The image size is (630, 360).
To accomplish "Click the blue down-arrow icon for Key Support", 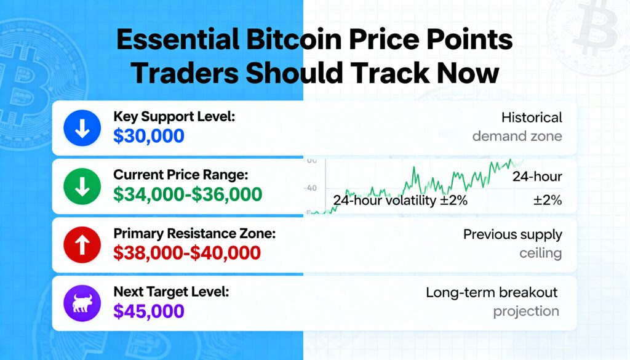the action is click(82, 128).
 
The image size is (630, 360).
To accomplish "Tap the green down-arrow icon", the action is click(82, 187).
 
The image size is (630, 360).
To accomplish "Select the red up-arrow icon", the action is click(82, 245).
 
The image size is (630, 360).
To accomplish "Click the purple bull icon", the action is click(82, 303).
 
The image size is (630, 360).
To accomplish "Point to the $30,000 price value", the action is click(149, 136).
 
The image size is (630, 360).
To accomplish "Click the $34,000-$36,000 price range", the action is click(188, 194).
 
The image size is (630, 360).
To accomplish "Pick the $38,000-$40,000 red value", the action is click(187, 253).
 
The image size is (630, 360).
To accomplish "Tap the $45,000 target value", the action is click(149, 311).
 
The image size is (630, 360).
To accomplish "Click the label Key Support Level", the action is click(174, 116).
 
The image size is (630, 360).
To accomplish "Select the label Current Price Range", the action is click(181, 175).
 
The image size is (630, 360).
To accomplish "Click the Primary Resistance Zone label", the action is click(194, 233).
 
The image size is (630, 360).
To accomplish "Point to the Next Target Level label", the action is click(171, 292).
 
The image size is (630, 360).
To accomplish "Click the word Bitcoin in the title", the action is click(294, 39).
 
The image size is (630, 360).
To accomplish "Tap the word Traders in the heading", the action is click(185, 73).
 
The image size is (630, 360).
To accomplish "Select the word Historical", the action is click(532, 118).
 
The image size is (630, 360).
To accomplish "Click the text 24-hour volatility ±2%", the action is click(400, 200).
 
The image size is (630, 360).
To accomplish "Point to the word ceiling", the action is click(540, 253).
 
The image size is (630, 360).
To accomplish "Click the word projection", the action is click(526, 311).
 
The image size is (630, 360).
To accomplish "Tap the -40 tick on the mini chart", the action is click(310, 188).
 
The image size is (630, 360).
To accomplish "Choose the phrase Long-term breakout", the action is click(492, 292).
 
